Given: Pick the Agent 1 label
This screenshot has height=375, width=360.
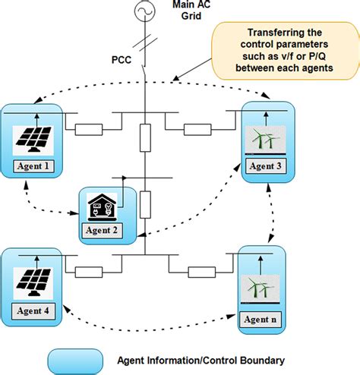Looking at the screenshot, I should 31,165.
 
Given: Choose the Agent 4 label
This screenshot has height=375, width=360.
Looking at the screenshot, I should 31,311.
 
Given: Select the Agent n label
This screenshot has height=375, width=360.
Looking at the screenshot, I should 260,320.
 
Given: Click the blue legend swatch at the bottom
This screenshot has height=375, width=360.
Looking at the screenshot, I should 74,360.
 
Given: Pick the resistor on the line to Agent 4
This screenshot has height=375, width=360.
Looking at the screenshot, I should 89,270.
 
